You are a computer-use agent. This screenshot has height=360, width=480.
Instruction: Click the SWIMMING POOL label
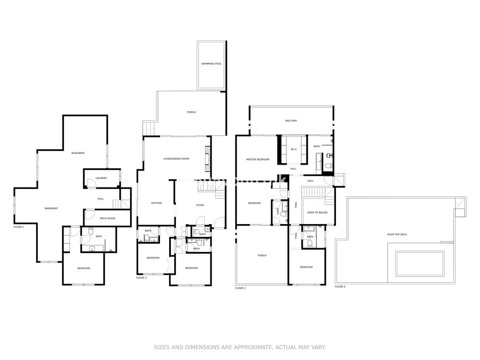click(x=211, y=64)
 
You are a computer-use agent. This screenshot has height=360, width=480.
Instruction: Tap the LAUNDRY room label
click(x=101, y=178)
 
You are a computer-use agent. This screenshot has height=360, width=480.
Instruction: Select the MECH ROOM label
click(x=107, y=218)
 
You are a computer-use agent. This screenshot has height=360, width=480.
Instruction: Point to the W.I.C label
click(x=294, y=149)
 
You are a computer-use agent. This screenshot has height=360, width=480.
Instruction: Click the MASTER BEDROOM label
click(x=258, y=160)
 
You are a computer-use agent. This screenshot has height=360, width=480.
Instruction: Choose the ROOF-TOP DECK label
click(x=397, y=234)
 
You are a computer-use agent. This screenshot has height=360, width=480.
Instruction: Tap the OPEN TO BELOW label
click(x=317, y=212)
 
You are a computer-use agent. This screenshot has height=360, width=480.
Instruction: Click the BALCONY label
click(x=291, y=121)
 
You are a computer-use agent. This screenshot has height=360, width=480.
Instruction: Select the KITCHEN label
click(x=156, y=203)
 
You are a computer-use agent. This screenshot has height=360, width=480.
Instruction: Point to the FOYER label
click(x=200, y=205)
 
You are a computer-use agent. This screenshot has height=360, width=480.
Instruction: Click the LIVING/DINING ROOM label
click(x=176, y=159)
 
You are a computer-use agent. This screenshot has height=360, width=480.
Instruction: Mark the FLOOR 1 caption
click(x=19, y=227)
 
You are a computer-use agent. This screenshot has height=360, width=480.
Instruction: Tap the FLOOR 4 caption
click(x=340, y=286)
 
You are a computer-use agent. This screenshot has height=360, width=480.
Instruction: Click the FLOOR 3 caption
click(x=240, y=288)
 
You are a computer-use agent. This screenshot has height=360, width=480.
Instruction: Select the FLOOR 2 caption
click(x=141, y=278)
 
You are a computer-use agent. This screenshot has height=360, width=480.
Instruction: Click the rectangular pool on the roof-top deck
click(x=420, y=264)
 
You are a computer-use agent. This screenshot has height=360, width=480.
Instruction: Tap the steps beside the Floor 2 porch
click(x=148, y=128)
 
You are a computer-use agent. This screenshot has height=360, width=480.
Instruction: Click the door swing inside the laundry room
click(x=91, y=183)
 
